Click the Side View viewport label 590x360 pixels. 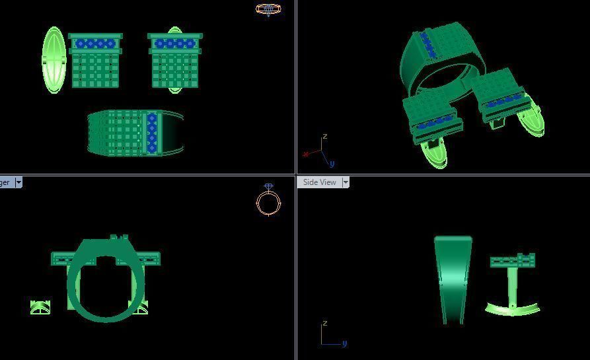[x=319, y=182]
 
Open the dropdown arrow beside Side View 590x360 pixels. [x=346, y=182]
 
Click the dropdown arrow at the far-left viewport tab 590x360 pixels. [x=18, y=182]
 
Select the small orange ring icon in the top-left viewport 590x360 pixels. [x=268, y=9]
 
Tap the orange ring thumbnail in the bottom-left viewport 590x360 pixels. [x=268, y=201]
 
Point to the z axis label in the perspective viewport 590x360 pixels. [x=324, y=137]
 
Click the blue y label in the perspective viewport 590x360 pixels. [x=332, y=163]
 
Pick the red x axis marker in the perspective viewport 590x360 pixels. [x=306, y=155]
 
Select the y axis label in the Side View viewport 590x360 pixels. [x=344, y=343]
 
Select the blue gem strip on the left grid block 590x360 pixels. [x=95, y=44]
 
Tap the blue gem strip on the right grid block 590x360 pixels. [x=175, y=44]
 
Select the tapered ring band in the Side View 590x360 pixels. [x=453, y=277]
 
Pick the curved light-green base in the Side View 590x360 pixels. [x=513, y=308]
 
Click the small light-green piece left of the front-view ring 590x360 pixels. [x=40, y=307]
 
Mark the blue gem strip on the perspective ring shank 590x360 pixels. [x=426, y=45]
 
